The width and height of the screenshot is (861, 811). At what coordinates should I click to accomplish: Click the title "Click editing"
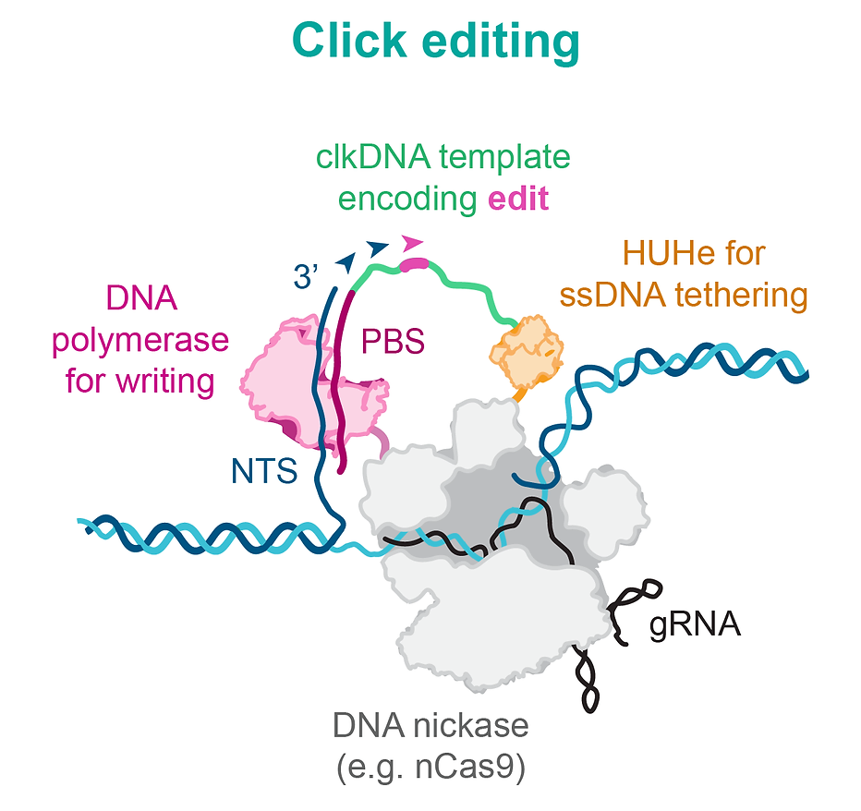point(435,42)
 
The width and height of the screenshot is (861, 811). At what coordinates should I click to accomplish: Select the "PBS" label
point(393,341)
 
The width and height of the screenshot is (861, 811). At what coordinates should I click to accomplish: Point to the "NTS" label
point(264,472)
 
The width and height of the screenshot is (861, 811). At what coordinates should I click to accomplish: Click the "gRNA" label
point(695,624)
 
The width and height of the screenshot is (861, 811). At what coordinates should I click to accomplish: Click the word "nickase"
point(479,726)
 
